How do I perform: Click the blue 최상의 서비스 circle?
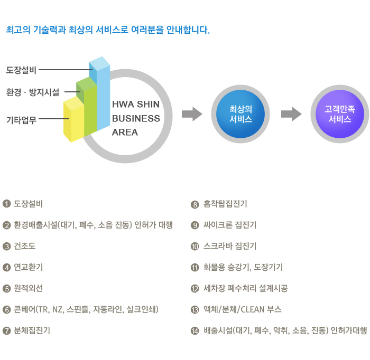coord(240,114)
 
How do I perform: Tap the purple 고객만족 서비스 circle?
coord(340,114)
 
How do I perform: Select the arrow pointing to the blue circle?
coord(192,114)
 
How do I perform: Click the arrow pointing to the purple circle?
coord(291,114)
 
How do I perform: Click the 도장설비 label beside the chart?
coord(21,70)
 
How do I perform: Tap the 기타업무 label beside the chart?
coord(21,120)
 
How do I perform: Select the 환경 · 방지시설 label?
coord(33,92)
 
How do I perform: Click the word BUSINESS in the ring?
coord(136,119)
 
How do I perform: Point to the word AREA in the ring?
coord(125,132)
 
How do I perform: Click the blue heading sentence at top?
coord(108,30)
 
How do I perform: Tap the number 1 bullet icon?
coord(6,204)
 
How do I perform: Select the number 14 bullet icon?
coord(195,331)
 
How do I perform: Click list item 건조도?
coord(24,246)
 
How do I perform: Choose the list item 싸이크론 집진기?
coord(230,225)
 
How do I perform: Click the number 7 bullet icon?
coord(6,331)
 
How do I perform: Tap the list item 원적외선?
coord(29,288)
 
